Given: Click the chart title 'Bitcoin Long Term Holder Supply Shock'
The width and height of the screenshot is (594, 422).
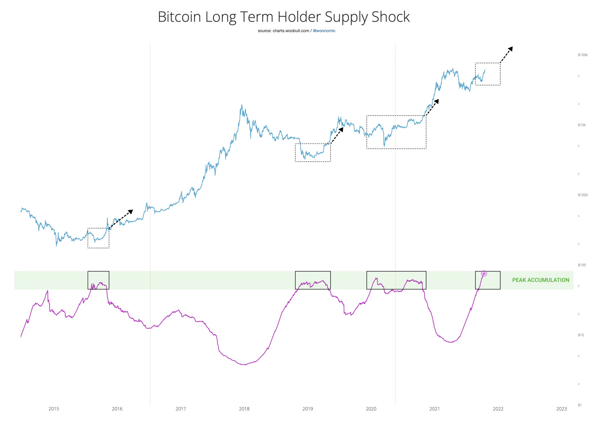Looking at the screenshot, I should click(284, 17).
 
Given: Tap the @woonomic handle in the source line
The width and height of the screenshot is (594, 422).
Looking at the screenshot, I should click(324, 31).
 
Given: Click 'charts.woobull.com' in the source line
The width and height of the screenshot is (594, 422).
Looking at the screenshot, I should click(291, 31).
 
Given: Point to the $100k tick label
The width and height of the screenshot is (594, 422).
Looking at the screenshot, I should click(583, 55).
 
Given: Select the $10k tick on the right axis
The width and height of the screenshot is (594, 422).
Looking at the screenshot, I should click(582, 125).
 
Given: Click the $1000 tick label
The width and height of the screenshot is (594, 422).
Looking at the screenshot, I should click(583, 195).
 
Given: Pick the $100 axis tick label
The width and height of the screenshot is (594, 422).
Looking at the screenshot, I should click(582, 265).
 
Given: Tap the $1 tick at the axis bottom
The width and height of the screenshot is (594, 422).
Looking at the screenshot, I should click(579, 405).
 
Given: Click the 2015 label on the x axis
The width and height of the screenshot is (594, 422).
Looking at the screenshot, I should click(54, 409).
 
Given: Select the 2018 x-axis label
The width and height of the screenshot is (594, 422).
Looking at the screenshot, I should click(244, 409).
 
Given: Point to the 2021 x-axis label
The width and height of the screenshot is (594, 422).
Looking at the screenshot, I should click(434, 409).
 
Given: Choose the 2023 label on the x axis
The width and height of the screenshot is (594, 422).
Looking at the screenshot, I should click(561, 409).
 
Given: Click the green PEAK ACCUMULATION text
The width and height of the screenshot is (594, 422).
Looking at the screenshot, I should click(540, 280).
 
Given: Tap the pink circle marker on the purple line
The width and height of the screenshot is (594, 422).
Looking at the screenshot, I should click(484, 273).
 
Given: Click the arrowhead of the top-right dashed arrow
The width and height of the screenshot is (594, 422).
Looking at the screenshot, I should click(510, 49).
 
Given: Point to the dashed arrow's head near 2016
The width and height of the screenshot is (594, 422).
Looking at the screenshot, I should click(130, 212).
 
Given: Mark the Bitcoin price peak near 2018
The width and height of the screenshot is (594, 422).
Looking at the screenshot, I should click(242, 105).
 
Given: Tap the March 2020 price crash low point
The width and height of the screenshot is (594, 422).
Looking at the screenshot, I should click(384, 146).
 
